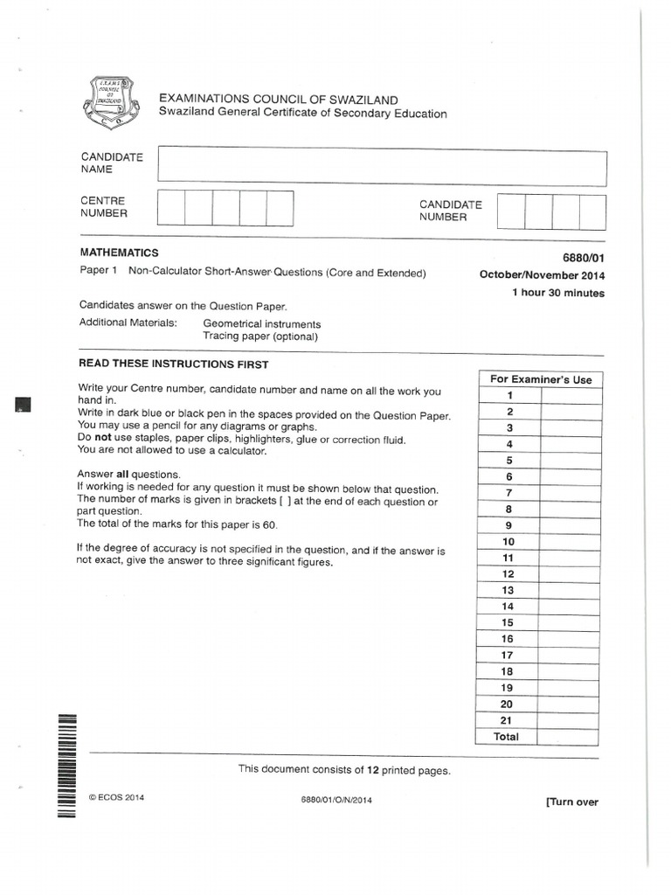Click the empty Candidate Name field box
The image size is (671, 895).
(x=381, y=167)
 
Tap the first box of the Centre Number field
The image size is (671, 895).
(x=171, y=209)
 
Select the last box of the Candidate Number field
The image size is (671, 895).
(x=592, y=212)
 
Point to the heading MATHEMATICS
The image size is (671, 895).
(x=119, y=253)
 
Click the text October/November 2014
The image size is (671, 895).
(x=542, y=275)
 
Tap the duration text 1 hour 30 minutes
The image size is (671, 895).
(x=557, y=294)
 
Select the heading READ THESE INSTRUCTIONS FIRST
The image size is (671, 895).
(x=174, y=364)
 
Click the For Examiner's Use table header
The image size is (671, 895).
(x=541, y=379)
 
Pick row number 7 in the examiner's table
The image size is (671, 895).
(x=508, y=493)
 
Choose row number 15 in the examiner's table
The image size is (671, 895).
(x=508, y=622)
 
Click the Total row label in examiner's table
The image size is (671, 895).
(x=507, y=737)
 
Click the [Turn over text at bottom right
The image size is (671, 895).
(x=572, y=802)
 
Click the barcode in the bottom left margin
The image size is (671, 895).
(x=67, y=765)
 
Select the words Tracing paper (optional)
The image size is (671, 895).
(x=260, y=336)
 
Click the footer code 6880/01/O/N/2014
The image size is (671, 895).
(x=335, y=800)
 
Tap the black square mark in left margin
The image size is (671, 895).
(x=23, y=403)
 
